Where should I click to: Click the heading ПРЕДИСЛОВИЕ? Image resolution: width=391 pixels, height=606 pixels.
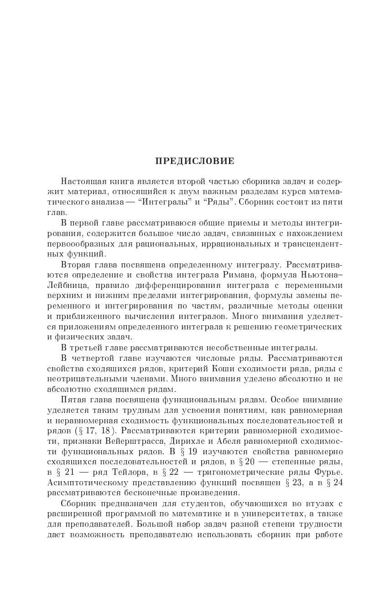click(x=195, y=161)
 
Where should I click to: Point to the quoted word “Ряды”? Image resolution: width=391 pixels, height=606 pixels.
click(x=217, y=201)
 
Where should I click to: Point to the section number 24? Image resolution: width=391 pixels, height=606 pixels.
click(x=337, y=483)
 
